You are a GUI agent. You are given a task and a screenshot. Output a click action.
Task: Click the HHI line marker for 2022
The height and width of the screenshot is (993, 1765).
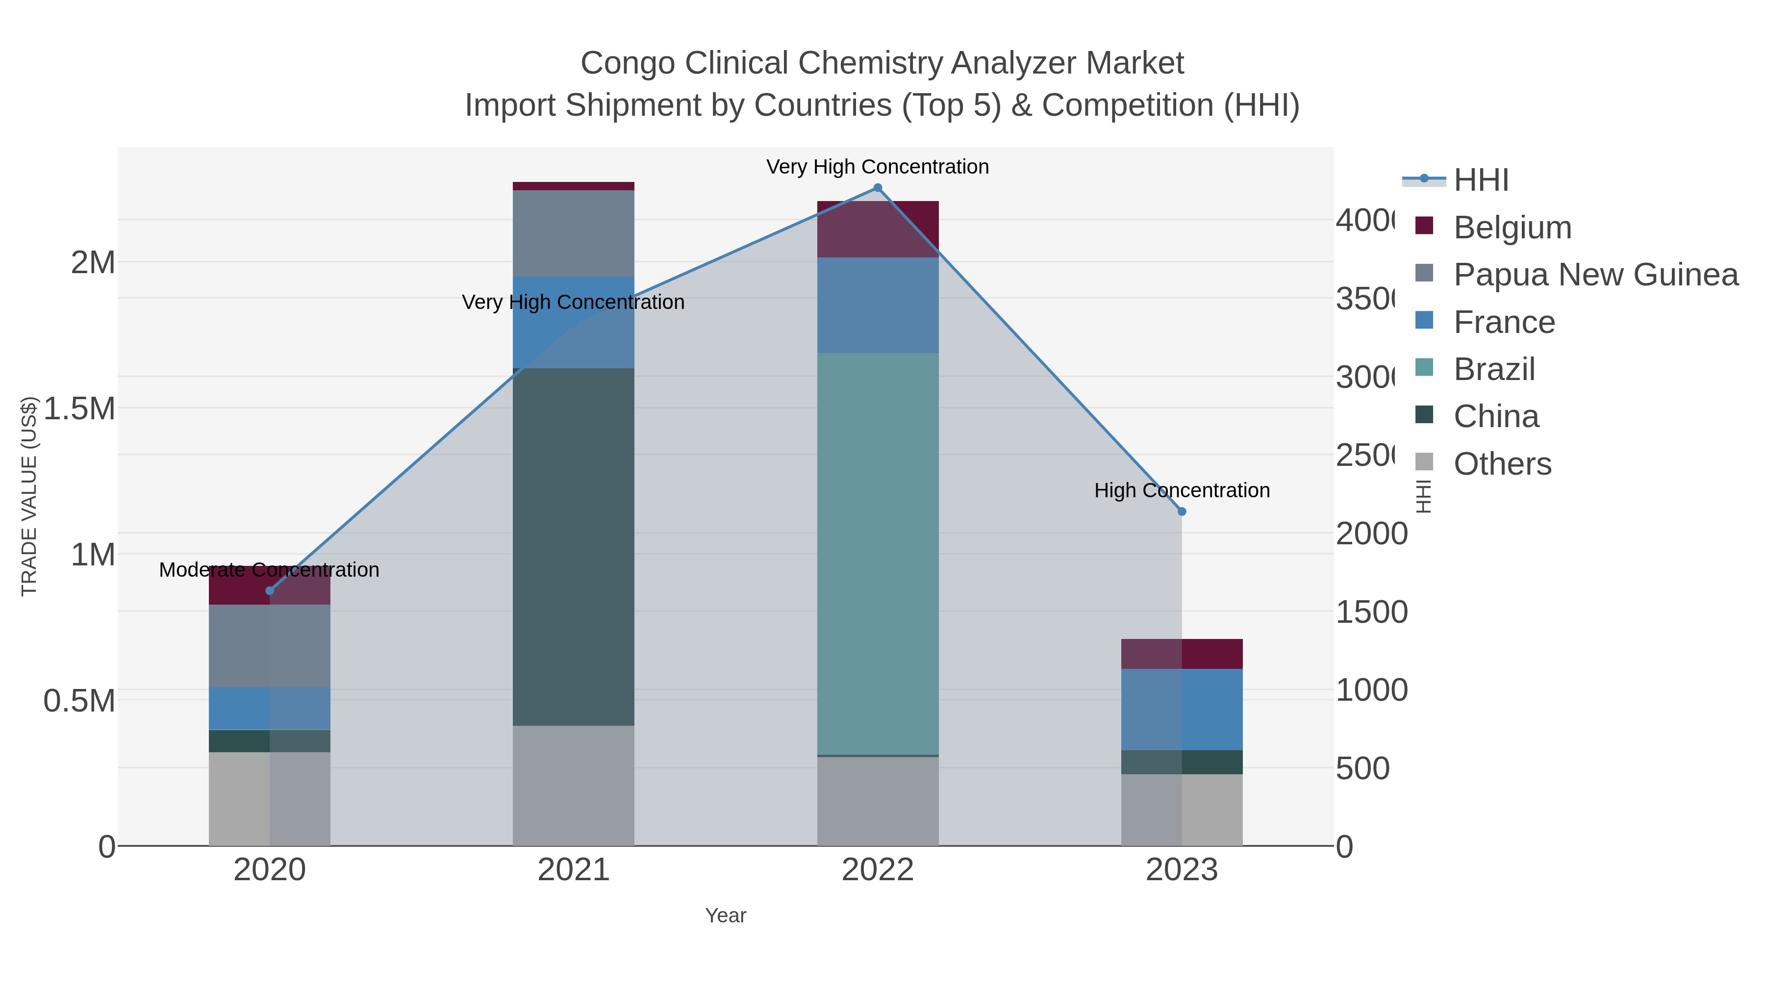coord(878,188)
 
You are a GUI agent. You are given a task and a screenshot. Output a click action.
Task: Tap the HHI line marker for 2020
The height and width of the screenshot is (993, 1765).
coord(269,591)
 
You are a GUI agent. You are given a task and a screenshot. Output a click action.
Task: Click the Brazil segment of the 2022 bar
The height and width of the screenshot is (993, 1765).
coord(878,554)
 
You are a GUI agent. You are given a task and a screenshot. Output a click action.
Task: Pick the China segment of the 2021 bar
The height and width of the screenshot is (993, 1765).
coord(574,546)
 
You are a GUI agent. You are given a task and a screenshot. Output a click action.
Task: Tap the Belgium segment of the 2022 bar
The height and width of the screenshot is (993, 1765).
coord(878,229)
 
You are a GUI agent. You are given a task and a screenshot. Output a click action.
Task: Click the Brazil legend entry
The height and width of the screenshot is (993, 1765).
coord(1494,369)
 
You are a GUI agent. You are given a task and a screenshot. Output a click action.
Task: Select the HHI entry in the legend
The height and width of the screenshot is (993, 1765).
coord(1481,180)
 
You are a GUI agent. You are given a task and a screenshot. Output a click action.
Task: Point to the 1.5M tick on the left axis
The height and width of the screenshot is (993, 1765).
coord(79,408)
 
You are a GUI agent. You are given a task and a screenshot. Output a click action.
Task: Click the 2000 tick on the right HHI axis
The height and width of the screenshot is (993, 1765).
coord(1371,534)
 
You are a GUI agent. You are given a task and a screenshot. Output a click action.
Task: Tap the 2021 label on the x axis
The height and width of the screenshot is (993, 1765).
coord(574,870)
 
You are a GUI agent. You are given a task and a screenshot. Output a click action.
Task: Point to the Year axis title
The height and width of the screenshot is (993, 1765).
coord(726,916)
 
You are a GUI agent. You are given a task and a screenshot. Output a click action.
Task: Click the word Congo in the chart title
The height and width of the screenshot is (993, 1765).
coord(627,63)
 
